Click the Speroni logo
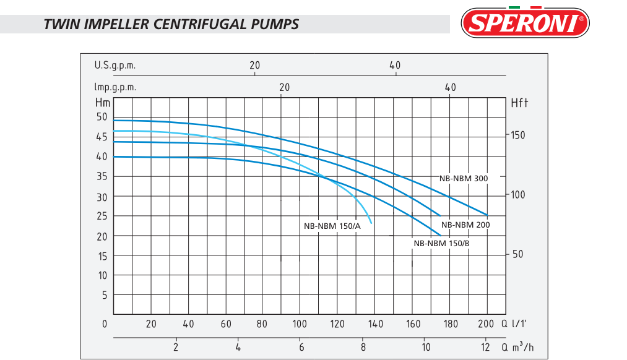pos(525,23)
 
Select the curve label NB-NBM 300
pos(464,178)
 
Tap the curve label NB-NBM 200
pos(465,225)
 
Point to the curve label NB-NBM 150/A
pos(332,226)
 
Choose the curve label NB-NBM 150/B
pos(441,243)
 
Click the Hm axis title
pos(102,103)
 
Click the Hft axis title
pos(519,103)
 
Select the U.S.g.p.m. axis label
pos(115,65)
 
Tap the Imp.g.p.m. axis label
pos(115,87)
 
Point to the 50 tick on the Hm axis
pos(102,117)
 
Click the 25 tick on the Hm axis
pos(102,216)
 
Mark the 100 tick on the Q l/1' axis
pos(300,324)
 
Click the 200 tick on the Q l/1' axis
pos(486,324)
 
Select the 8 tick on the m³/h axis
pos(363,347)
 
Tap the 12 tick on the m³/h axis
pos(486,347)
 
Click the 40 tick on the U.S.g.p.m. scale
pos(395,65)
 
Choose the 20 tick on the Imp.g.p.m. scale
pos(284,87)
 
